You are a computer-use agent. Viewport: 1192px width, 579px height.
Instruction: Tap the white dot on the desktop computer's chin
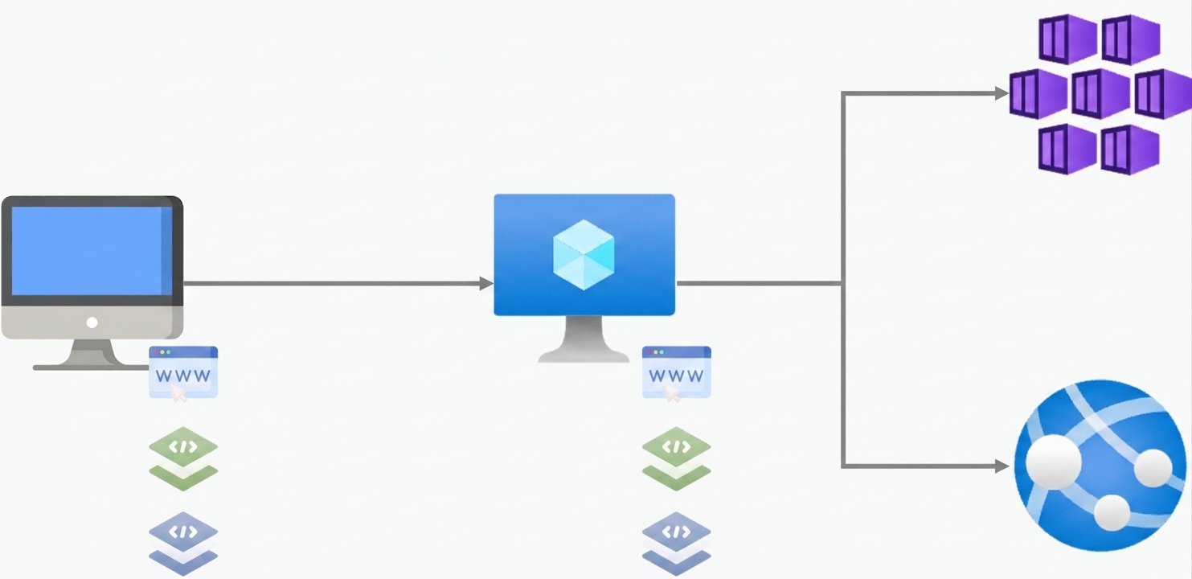coord(92,322)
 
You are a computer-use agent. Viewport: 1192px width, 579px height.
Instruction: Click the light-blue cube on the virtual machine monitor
coord(584,255)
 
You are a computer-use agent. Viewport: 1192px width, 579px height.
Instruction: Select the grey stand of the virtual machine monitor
coord(584,339)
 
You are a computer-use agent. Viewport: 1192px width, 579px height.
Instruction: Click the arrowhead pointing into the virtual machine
coord(486,284)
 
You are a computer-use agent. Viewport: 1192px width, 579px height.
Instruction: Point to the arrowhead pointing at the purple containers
coord(1002,93)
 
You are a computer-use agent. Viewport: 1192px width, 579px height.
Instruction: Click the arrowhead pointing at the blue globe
coord(1002,466)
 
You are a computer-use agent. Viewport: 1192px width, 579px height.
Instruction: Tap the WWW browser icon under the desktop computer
coord(183,372)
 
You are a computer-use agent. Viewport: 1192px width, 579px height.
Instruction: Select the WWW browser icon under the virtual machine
coord(676,372)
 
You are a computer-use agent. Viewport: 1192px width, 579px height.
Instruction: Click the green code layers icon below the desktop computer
coord(183,458)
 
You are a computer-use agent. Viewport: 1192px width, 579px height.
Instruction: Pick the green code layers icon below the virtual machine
coord(676,458)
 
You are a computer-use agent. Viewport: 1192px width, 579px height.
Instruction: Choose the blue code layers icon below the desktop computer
coord(183,544)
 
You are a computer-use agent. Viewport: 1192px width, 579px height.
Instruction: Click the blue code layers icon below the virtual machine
coord(676,544)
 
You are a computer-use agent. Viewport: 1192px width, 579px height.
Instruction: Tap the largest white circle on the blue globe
coord(1053,462)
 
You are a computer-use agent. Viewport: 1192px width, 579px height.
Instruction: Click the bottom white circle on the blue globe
coord(1112,512)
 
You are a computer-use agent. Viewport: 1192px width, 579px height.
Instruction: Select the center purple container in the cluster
coord(1100,93)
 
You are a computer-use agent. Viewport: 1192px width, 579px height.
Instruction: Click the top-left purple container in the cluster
coord(1067,39)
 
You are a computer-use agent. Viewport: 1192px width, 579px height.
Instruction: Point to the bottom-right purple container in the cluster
coord(1130,150)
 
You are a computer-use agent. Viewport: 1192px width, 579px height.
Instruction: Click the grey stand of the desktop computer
coord(92,355)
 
